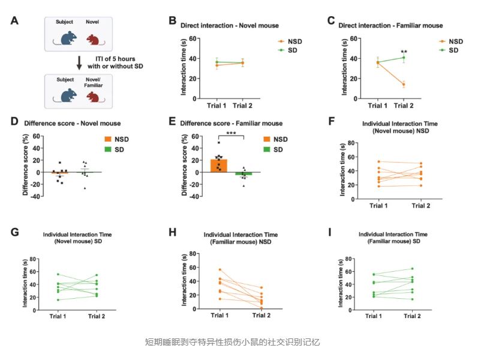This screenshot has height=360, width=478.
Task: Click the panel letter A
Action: tap(15, 21)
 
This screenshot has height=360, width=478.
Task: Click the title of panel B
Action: tap(224, 25)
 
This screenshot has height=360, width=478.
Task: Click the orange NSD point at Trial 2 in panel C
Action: tap(404, 85)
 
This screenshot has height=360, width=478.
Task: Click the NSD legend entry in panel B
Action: tap(291, 41)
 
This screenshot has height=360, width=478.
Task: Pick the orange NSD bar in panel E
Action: tap(220, 166)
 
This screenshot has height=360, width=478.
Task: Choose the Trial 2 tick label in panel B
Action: tap(243, 106)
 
